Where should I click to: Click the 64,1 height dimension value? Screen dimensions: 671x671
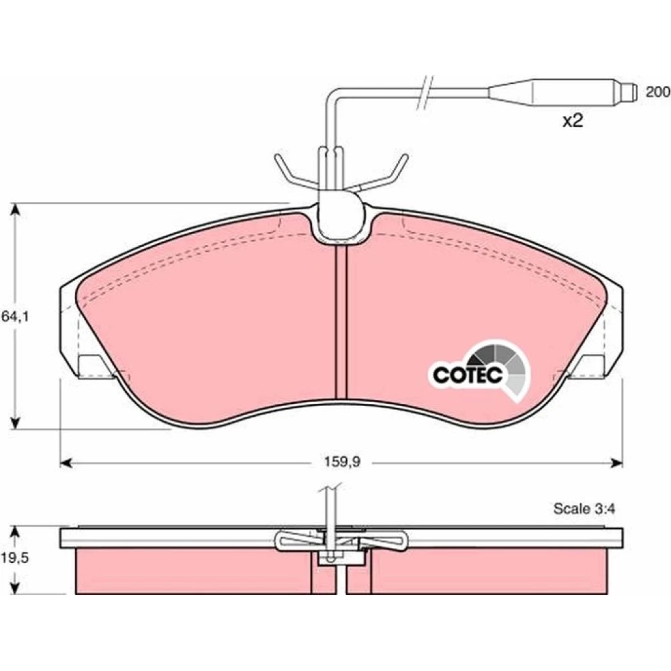(15, 317)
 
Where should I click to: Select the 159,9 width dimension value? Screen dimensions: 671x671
(342, 462)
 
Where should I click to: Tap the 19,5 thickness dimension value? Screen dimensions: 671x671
(15, 558)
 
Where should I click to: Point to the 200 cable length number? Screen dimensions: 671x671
(658, 91)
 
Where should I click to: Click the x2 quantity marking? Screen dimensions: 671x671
(572, 121)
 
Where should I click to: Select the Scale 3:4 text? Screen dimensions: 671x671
(584, 509)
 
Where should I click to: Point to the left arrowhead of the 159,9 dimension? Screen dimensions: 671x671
(66, 462)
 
